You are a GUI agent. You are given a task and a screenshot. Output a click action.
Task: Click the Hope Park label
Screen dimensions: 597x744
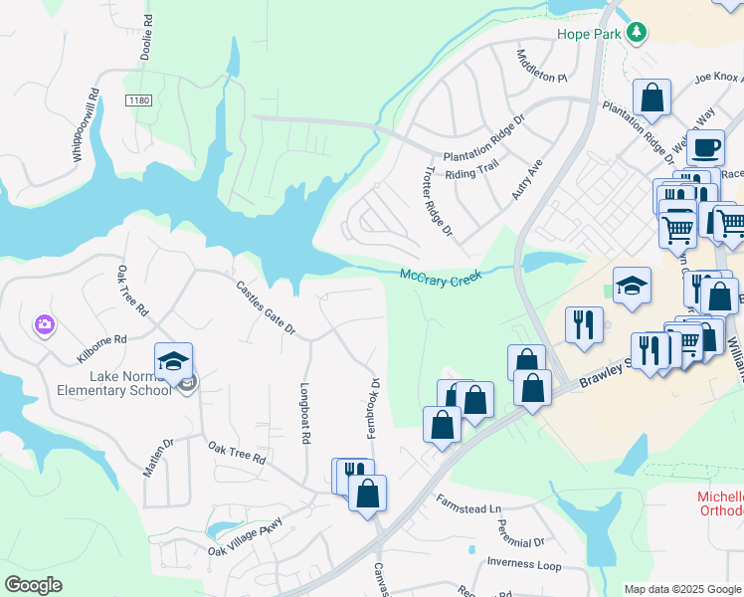[x=588, y=33]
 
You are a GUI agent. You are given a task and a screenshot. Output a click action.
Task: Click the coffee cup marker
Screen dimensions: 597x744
[x=705, y=149]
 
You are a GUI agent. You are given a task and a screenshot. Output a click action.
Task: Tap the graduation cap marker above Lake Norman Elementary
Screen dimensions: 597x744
[x=173, y=361]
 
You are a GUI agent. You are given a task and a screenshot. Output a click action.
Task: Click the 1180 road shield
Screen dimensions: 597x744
[x=139, y=100]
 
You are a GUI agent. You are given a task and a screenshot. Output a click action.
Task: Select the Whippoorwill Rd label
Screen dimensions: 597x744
[x=85, y=126]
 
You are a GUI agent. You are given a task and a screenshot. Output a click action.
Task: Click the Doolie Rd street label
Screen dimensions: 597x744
[x=146, y=34]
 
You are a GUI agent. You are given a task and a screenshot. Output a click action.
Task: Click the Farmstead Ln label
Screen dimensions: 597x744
[x=465, y=509]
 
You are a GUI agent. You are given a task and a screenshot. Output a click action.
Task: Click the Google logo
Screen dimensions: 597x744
[x=33, y=585]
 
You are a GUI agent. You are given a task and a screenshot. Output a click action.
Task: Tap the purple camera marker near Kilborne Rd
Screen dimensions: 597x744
[x=44, y=324]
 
